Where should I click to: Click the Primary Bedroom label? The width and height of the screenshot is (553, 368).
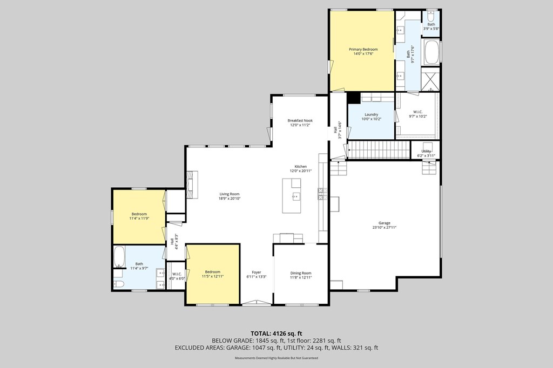tap(363, 49)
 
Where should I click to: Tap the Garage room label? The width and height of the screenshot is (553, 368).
tap(384, 223)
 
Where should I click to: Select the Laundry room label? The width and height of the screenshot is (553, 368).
tap(371, 114)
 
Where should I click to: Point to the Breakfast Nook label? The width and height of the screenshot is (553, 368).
tap(300, 120)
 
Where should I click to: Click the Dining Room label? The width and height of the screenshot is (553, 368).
tap(301, 273)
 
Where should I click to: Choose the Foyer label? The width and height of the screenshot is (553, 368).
tap(257, 272)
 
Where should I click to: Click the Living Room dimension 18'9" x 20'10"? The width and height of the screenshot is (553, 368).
tap(230, 199)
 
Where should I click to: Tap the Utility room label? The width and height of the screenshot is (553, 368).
tap(426, 152)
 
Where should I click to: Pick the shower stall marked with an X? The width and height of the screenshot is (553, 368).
tap(430, 81)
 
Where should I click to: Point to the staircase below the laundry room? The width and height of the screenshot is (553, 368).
tap(379, 150)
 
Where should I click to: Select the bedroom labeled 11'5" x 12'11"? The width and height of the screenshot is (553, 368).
tap(212, 274)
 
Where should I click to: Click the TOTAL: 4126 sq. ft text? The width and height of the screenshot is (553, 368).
tap(276, 333)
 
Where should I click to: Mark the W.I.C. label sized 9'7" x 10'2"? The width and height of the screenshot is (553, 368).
tap(417, 114)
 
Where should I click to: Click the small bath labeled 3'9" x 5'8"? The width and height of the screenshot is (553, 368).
tap(431, 26)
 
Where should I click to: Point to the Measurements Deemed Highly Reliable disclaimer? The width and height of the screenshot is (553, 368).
tap(276, 358)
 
